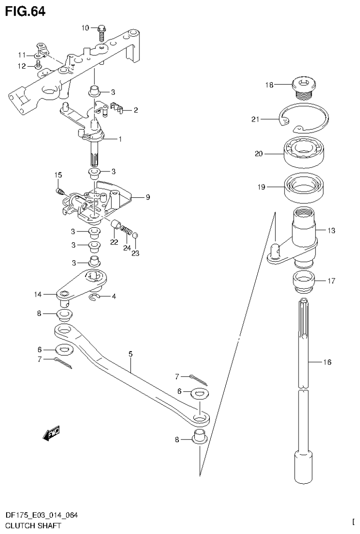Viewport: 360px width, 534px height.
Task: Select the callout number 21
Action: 255,120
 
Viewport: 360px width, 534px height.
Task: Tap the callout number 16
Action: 327,362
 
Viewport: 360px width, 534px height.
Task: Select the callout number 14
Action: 38,294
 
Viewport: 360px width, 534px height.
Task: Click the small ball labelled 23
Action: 135,235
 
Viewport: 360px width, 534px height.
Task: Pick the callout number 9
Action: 147,197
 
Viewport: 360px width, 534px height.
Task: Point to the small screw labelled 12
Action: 38,65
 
